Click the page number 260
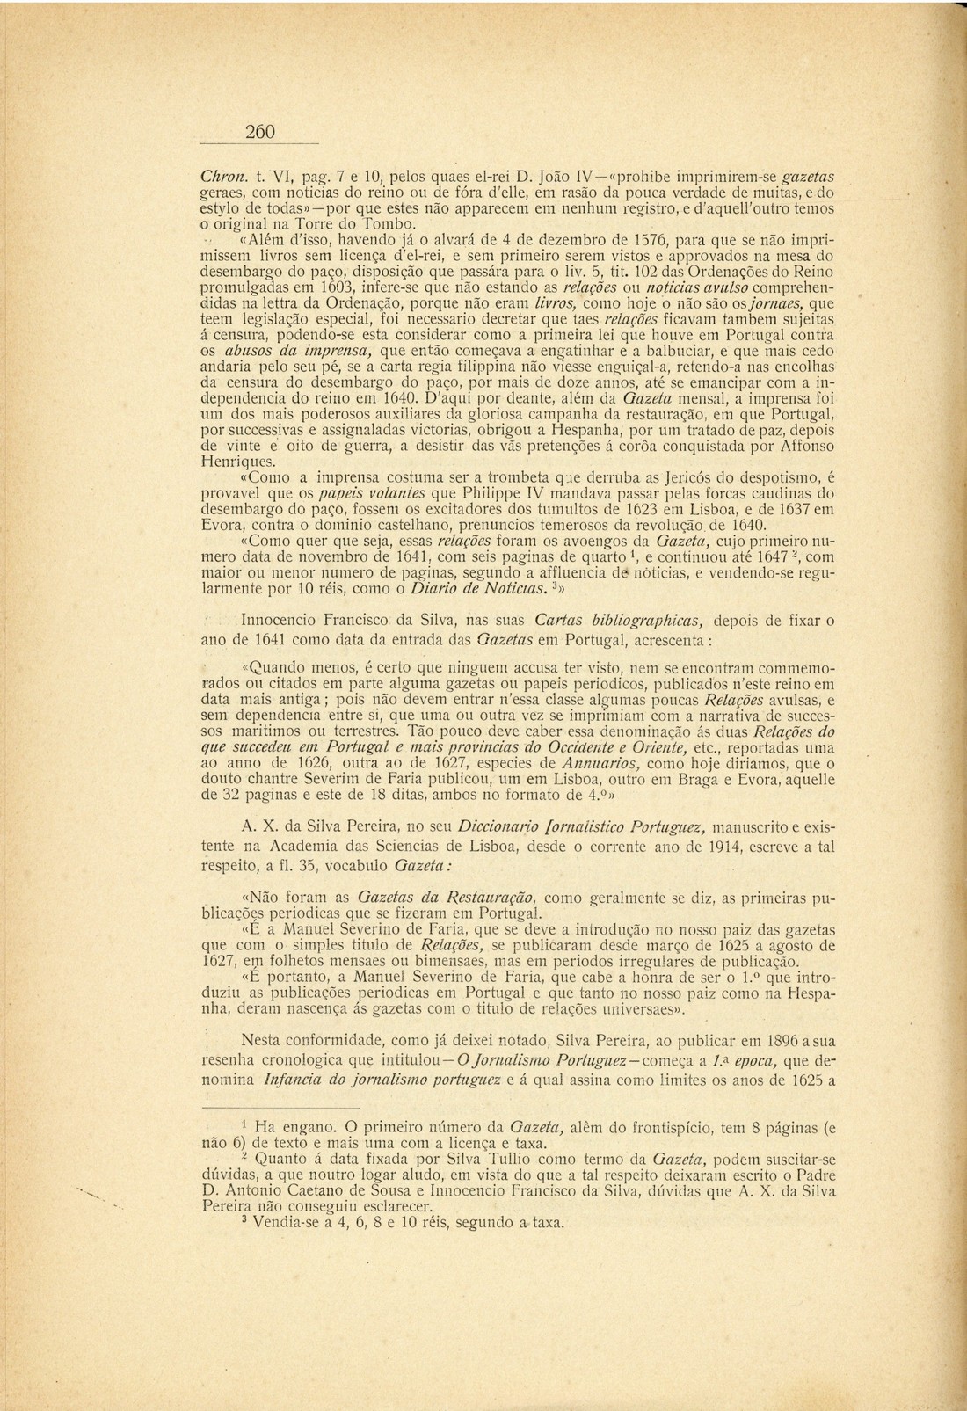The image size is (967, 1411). tap(261, 132)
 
